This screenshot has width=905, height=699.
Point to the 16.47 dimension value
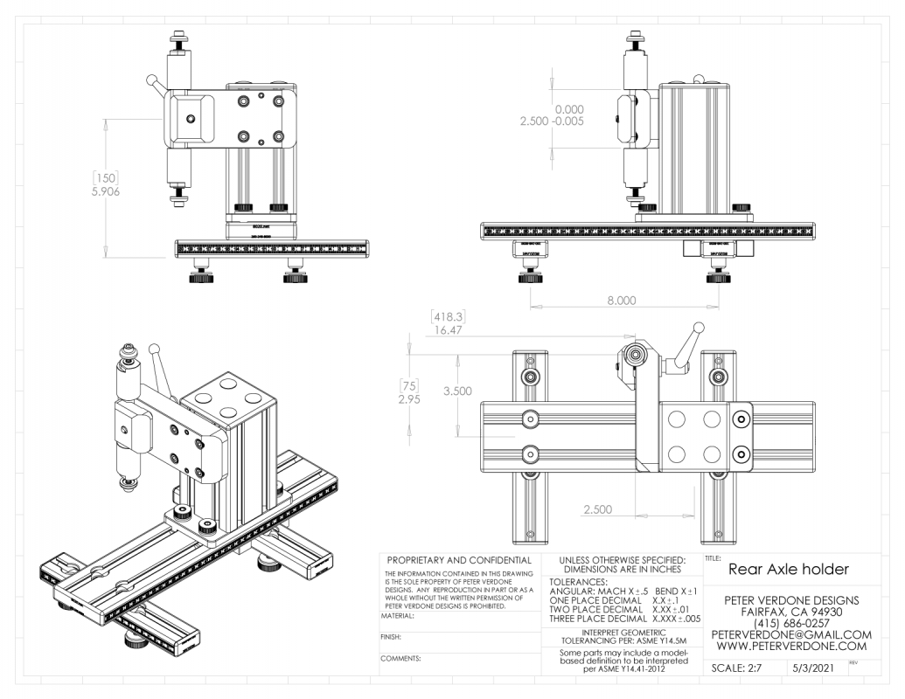click(x=443, y=330)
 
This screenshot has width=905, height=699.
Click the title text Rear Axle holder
click(x=787, y=569)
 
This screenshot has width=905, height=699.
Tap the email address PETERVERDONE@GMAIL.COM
click(x=792, y=633)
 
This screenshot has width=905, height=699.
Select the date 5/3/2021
click(x=813, y=668)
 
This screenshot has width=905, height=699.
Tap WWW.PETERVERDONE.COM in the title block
click(x=792, y=647)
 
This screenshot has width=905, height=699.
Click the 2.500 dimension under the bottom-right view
click(x=596, y=509)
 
